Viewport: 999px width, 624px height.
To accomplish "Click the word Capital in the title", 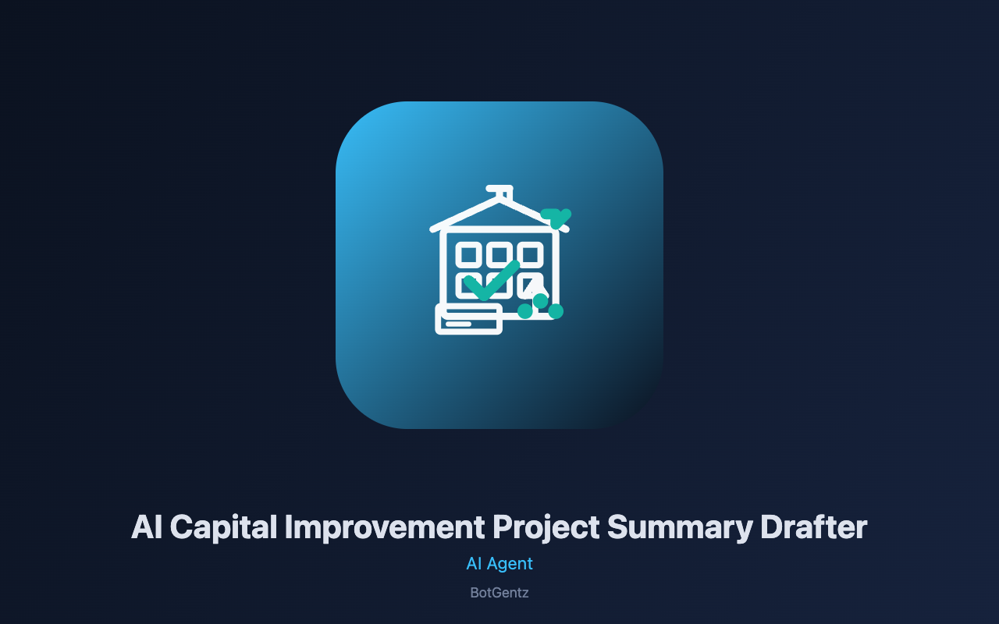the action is click(x=223, y=528).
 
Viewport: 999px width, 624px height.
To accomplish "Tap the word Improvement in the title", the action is click(x=385, y=528).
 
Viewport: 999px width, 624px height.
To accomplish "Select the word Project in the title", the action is click(x=546, y=528).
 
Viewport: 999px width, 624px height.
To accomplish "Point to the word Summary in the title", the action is click(x=680, y=528).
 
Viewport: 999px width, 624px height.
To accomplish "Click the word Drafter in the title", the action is click(x=813, y=527).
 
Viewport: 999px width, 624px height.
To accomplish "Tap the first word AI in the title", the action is click(x=147, y=527).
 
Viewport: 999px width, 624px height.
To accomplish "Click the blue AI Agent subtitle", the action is click(x=499, y=564).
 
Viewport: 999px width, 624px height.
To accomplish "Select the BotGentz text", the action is click(x=499, y=593).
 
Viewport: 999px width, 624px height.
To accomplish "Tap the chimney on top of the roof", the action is click(x=500, y=192).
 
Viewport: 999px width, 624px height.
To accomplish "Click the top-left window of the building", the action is click(x=468, y=255).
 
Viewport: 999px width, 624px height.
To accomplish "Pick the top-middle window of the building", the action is click(x=499, y=255).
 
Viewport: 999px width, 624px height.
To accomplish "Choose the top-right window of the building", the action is click(x=530, y=255).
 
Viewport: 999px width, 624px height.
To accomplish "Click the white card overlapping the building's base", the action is click(x=469, y=319).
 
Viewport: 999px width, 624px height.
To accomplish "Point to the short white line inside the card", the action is click(x=458, y=324).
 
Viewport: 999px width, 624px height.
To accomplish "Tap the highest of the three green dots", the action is click(x=541, y=301).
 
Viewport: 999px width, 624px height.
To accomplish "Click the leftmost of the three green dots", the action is click(x=525, y=311).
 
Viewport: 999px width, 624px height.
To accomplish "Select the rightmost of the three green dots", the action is click(x=556, y=311).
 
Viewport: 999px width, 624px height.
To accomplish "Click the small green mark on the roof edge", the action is click(x=555, y=218).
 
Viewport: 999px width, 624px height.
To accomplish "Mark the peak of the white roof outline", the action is click(x=499, y=200).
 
